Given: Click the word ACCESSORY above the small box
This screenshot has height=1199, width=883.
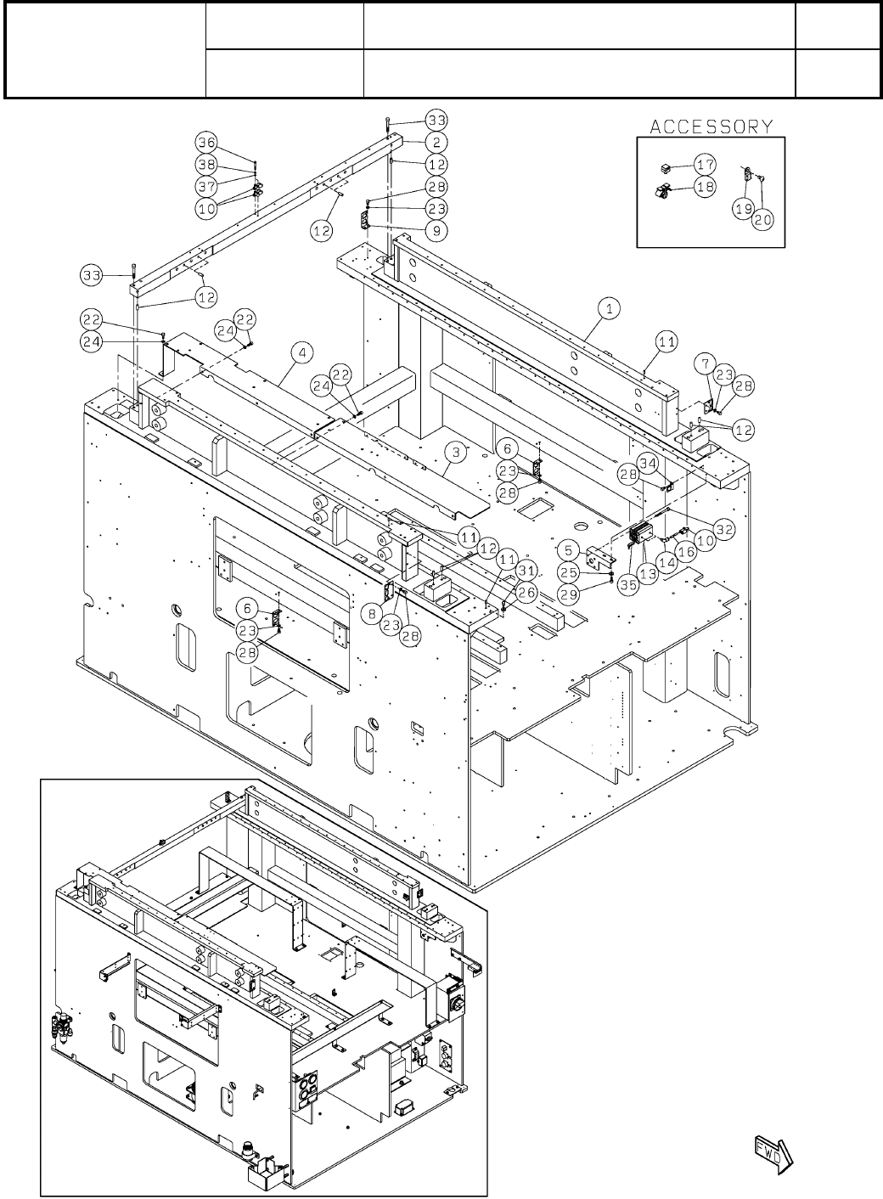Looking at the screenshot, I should (x=711, y=127).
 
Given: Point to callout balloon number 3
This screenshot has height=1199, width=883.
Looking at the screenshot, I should (x=456, y=453).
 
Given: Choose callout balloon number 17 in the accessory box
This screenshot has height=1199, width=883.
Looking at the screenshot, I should (x=705, y=163).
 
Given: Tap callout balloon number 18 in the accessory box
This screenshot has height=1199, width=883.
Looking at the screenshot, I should (x=705, y=187).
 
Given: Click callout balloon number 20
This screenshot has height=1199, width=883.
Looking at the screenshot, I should (x=763, y=219).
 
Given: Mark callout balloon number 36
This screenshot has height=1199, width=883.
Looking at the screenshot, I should (x=207, y=142).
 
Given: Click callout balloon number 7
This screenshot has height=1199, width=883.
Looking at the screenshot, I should (x=703, y=363).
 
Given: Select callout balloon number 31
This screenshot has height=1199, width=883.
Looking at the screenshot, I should (x=526, y=570).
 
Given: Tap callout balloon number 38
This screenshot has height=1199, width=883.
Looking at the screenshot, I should (x=207, y=164).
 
